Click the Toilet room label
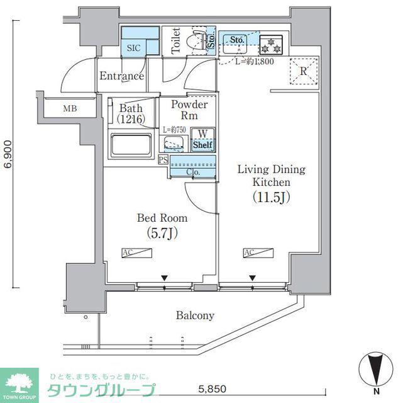[x=176, y=40]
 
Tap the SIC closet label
[x=134, y=48]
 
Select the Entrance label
[x=121, y=76]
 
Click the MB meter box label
[x=70, y=108]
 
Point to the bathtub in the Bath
[x=131, y=145]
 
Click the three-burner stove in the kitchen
[x=271, y=45]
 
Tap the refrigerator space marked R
[x=304, y=71]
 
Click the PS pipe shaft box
[x=163, y=160]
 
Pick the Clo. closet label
[x=193, y=172]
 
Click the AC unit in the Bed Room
[x=137, y=253]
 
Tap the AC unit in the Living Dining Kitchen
[x=258, y=253]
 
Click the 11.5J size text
[x=272, y=197]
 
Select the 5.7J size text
[x=162, y=233]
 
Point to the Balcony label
[x=195, y=315]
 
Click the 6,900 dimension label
[x=8, y=154]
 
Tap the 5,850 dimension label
[x=213, y=389]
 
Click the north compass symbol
[x=376, y=370]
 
